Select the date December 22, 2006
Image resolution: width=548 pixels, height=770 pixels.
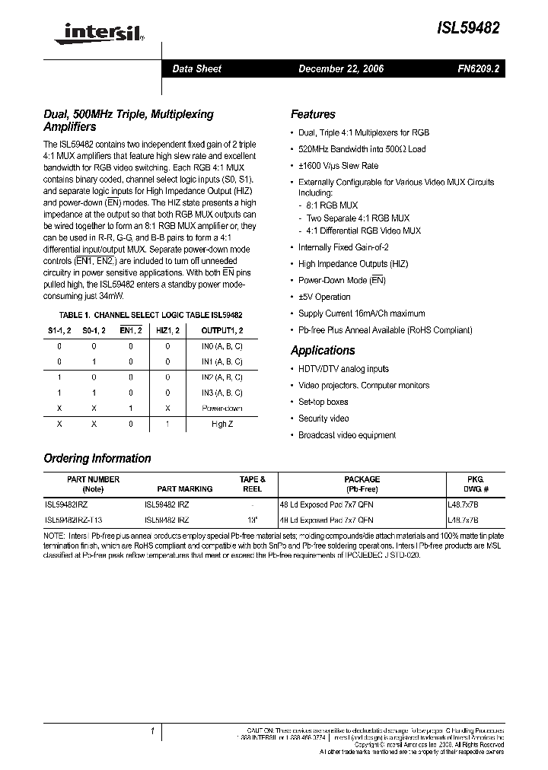point(340,69)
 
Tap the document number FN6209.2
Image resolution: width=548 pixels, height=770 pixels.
point(478,69)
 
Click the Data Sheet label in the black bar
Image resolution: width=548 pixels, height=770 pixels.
point(196,69)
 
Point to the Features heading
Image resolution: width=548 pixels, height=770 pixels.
point(313,114)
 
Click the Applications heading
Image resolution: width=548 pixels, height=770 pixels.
point(323,351)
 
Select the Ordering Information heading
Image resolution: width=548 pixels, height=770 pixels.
point(97,459)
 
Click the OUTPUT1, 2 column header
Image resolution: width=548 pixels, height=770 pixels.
point(222,329)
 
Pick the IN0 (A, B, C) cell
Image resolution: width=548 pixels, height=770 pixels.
point(222,345)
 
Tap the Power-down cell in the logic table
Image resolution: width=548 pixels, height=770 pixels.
point(222,408)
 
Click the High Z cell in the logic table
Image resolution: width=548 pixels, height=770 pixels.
point(222,424)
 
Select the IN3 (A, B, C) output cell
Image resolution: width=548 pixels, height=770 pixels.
point(222,393)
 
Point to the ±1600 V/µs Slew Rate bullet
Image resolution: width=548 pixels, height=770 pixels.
point(338,166)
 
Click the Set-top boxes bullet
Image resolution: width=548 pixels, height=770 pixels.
point(323,402)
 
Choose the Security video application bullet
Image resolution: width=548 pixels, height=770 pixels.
point(323,418)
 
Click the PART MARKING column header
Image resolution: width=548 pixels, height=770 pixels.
point(184,489)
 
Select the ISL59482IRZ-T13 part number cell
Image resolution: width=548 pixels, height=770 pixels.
point(73,520)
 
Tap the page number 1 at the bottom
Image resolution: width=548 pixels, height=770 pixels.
point(153,732)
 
